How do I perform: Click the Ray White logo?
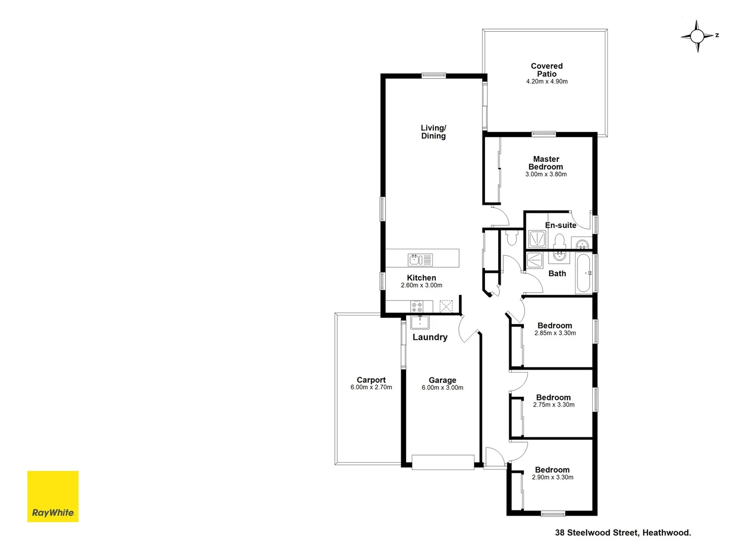tap(53, 496)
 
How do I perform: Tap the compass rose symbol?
tap(697, 36)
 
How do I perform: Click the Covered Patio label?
tap(547, 70)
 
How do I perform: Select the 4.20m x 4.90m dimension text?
tap(547, 81)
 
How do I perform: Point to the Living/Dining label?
tap(433, 132)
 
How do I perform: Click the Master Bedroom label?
tap(546, 163)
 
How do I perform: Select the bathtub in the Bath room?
tap(584, 274)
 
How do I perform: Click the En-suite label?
tap(560, 225)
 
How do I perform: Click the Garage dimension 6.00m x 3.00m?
tap(443, 388)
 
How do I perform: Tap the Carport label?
tap(371, 380)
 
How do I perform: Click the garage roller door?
tap(443, 462)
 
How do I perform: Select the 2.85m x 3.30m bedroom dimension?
tap(555, 333)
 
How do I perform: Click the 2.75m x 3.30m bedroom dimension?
tap(554, 405)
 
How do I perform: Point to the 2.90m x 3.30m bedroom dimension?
tap(553, 477)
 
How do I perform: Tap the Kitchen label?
tap(421, 278)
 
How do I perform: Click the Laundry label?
tap(430, 337)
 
